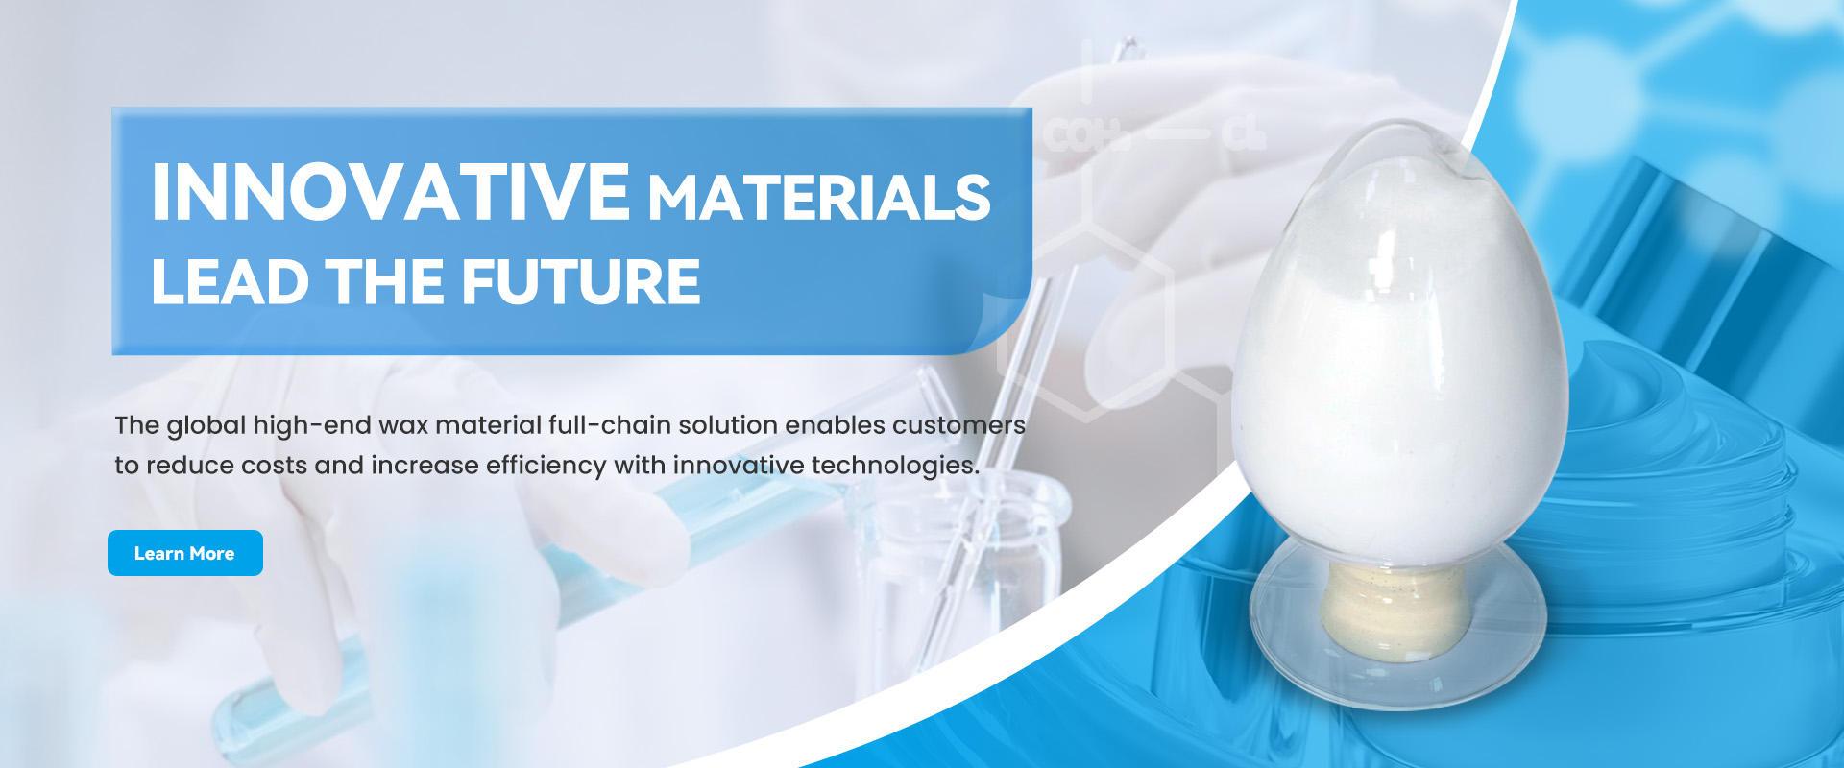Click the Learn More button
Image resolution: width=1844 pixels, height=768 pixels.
185,553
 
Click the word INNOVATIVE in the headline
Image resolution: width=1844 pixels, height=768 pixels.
391,193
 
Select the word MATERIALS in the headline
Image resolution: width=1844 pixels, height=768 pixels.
819,198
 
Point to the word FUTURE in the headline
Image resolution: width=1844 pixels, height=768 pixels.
581,282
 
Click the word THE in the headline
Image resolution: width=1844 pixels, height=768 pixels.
385,282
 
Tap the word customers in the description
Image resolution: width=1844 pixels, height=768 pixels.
958,425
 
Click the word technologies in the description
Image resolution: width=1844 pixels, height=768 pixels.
895,467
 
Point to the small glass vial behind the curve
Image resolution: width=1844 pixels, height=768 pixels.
970,576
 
